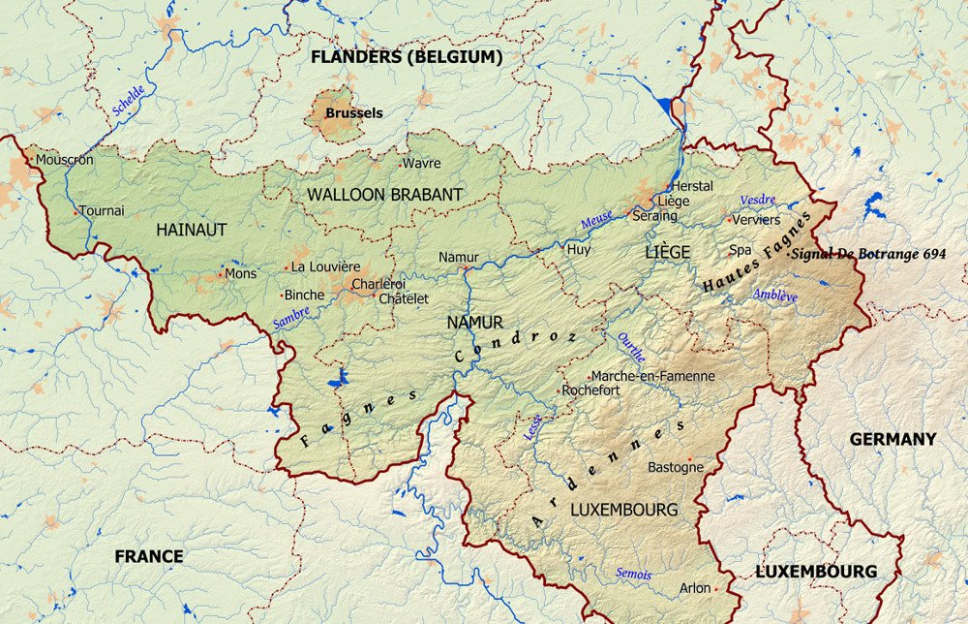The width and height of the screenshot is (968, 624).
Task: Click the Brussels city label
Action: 353,112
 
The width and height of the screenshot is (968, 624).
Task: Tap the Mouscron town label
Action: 65,160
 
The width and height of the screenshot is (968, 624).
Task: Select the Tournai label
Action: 102,210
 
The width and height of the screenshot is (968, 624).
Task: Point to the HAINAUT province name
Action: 191,230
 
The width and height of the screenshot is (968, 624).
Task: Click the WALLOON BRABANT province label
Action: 384,195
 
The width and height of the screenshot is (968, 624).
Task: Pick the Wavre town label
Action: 421,163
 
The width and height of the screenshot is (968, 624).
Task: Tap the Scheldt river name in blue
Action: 129,101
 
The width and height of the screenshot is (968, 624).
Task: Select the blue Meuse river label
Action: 596,222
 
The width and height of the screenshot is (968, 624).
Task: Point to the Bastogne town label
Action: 675,467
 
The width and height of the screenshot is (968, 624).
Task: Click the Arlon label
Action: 694,587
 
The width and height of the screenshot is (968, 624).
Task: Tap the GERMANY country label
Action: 892,439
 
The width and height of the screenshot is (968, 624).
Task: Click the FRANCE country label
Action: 149,556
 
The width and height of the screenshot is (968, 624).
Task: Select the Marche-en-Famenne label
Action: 652,376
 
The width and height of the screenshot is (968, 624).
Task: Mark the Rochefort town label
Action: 593,390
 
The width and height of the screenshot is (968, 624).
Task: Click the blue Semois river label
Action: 634,574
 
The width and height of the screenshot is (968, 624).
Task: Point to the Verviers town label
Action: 756,219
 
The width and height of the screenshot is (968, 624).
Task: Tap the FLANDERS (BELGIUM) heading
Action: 407,57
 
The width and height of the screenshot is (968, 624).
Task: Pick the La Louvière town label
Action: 325,266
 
